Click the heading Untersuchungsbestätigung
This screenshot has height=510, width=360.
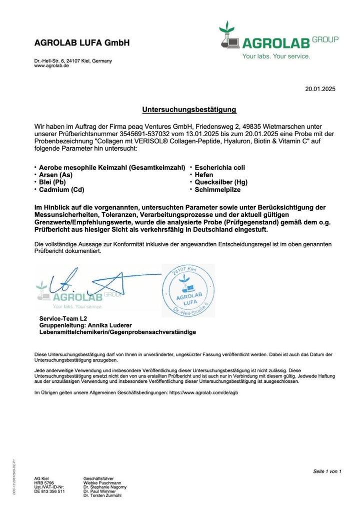(x=189, y=109)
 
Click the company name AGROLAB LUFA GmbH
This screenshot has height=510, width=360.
(x=82, y=43)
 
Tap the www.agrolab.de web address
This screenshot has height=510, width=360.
(x=51, y=66)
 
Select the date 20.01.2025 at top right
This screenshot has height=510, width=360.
(x=320, y=89)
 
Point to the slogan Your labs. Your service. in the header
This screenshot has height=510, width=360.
(x=276, y=57)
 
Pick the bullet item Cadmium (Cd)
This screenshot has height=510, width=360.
(x=61, y=190)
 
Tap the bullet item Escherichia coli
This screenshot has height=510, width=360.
(x=219, y=167)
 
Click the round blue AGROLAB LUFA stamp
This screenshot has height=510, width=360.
(x=187, y=291)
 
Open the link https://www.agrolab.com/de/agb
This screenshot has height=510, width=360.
(x=203, y=393)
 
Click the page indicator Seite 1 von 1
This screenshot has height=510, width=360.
(x=327, y=471)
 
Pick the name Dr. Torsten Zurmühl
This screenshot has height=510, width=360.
(x=102, y=495)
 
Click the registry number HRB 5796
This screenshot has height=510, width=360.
(x=44, y=482)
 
